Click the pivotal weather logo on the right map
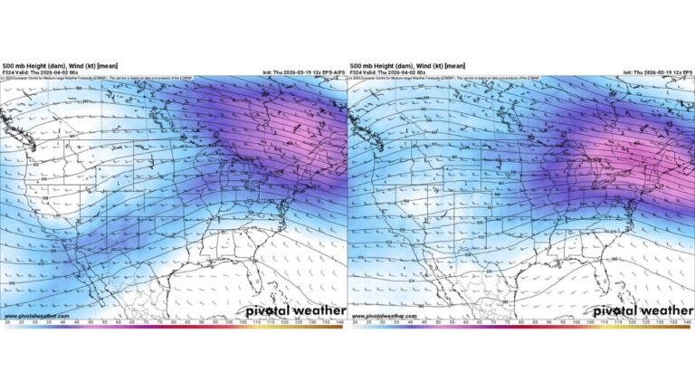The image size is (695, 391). pos(642,310)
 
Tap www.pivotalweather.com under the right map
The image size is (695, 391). pos(376,316)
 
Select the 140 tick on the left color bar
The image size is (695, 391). pos(340,322)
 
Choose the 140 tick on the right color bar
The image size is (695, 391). pos(688,322)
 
